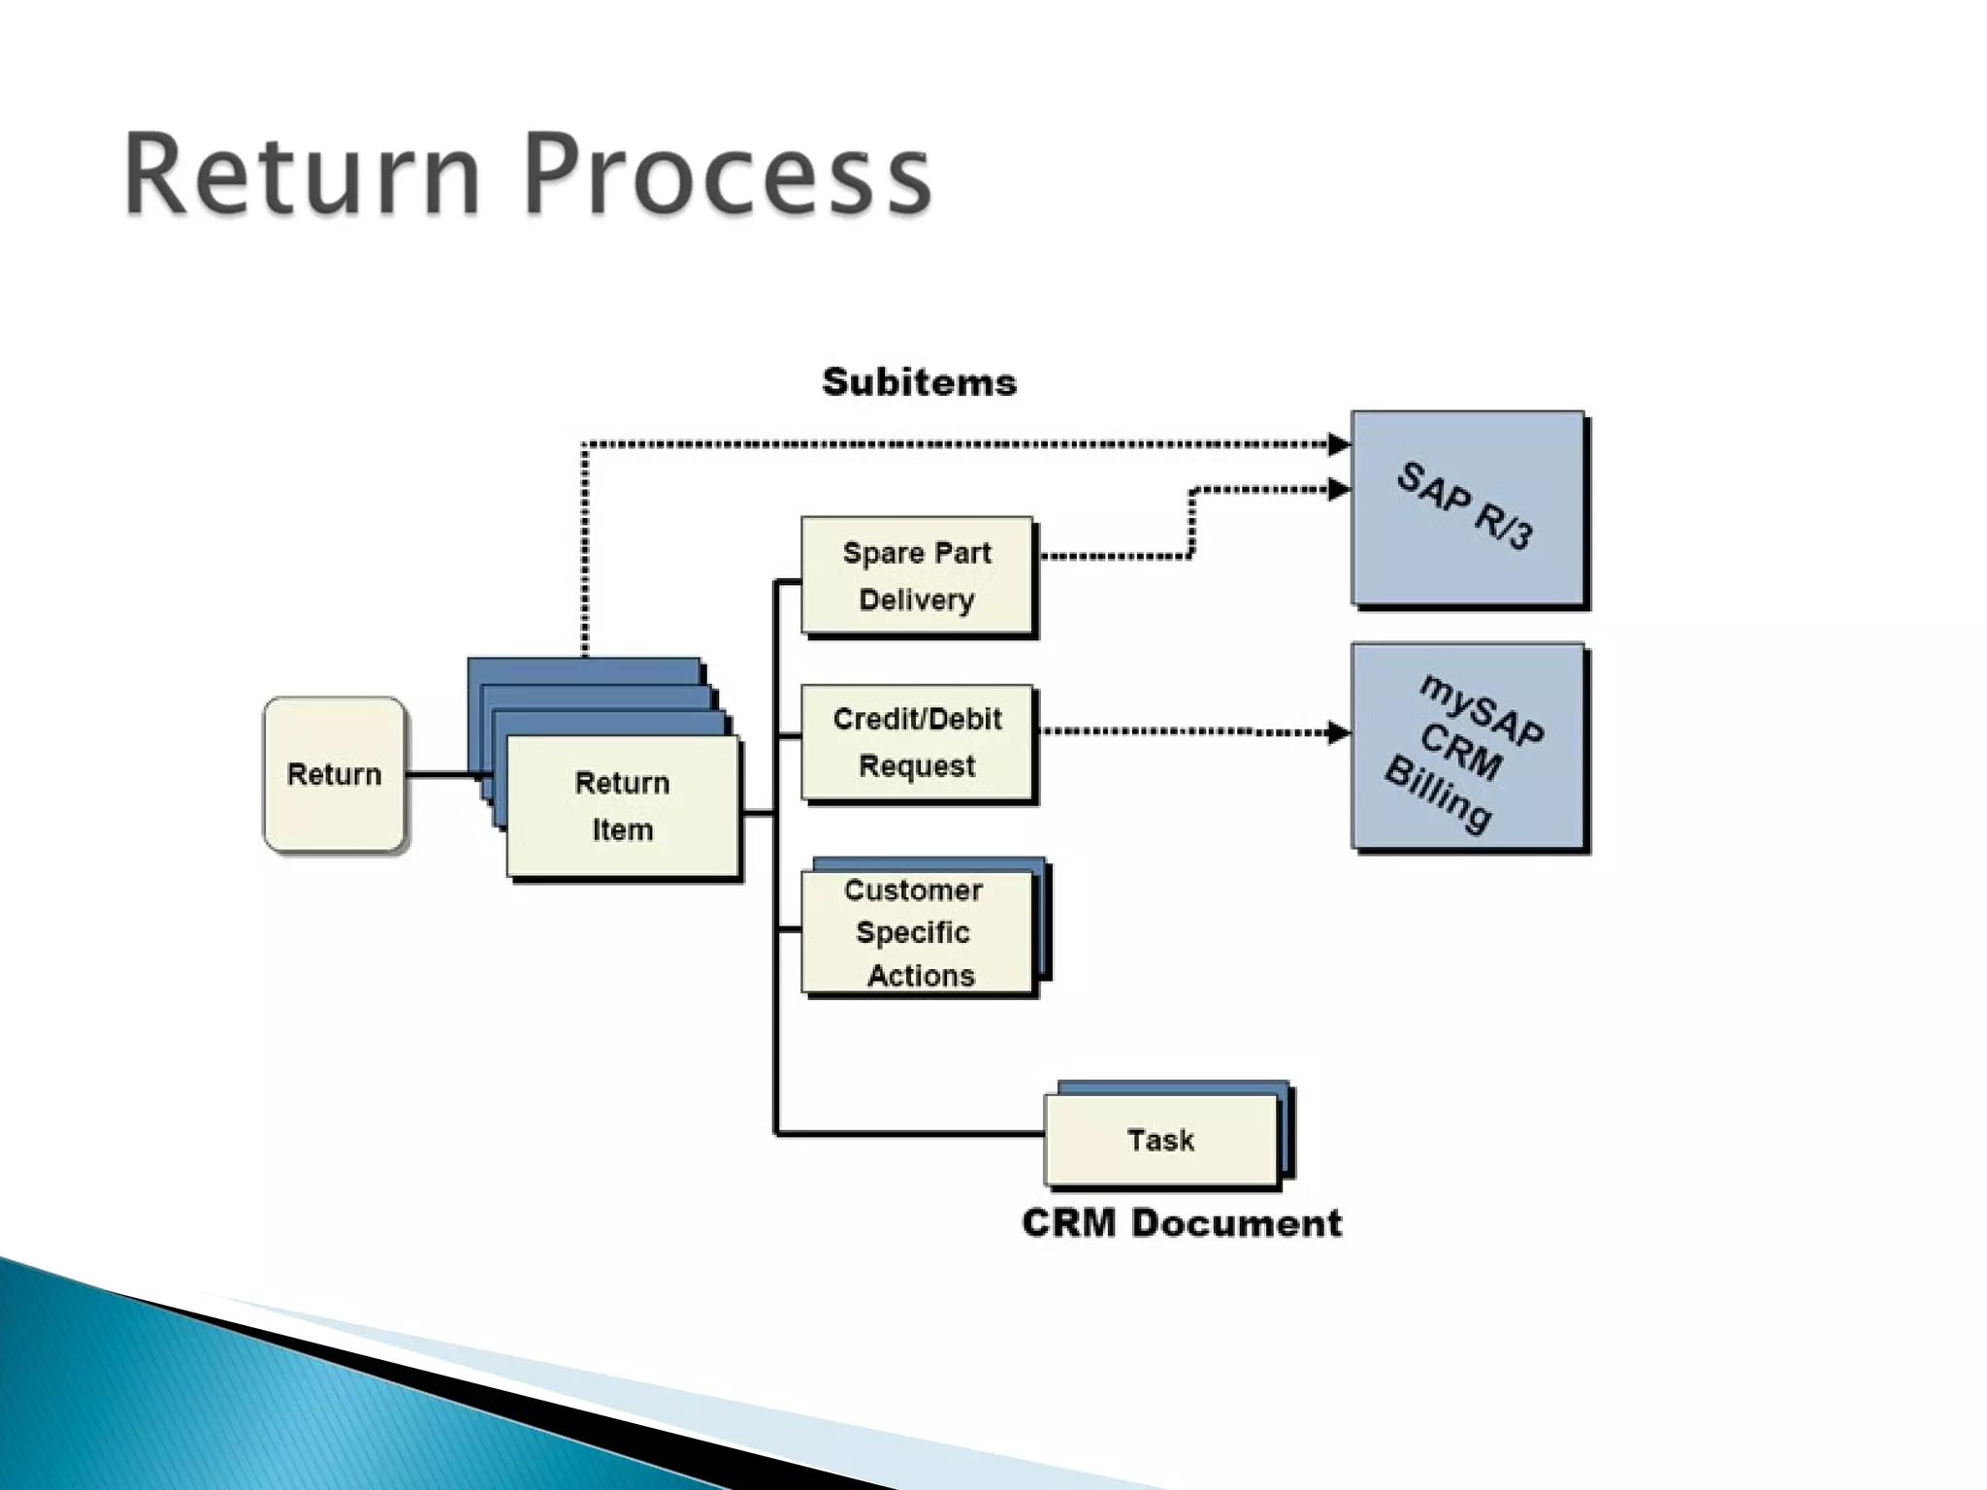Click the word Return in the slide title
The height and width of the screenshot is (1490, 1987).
click(x=302, y=177)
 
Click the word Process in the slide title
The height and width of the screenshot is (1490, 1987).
click(x=728, y=177)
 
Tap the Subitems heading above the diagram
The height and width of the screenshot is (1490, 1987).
click(x=919, y=382)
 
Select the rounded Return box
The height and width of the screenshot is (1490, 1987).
click(x=334, y=774)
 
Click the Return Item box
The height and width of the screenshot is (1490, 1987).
click(x=622, y=806)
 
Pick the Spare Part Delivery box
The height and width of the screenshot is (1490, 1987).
click(x=917, y=576)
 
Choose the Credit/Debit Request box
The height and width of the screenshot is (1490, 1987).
click(x=917, y=742)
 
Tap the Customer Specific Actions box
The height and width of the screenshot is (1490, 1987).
click(x=917, y=932)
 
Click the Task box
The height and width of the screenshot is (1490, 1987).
click(x=1161, y=1140)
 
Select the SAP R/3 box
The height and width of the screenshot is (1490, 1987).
click(x=1467, y=508)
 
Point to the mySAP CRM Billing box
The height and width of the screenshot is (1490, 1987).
click(x=1467, y=748)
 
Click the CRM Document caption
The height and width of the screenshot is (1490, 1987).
click(x=1182, y=1223)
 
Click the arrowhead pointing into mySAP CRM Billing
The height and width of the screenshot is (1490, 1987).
click(x=1339, y=732)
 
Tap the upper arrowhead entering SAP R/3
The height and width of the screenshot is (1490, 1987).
click(x=1339, y=445)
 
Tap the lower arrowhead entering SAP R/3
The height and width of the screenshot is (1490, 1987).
click(x=1339, y=490)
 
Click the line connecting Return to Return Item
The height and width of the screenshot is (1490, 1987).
click(x=441, y=774)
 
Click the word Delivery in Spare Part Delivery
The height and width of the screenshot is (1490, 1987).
click(x=917, y=600)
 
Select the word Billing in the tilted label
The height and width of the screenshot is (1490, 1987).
click(x=1438, y=795)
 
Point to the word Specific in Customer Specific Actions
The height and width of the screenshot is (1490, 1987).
click(x=913, y=933)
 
